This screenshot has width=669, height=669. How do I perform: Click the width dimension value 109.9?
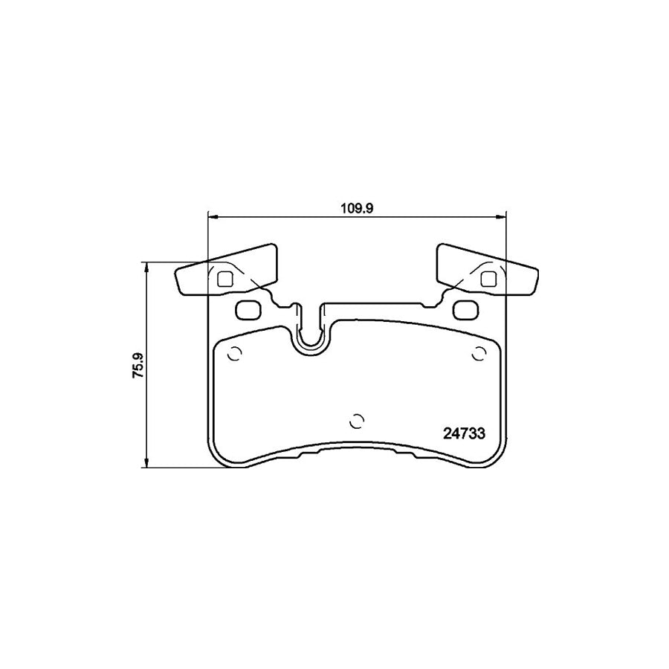[356, 209]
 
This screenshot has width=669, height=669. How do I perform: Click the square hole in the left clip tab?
[226, 279]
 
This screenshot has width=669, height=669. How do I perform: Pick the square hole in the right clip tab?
[488, 279]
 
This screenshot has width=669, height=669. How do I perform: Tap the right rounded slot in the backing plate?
[466, 308]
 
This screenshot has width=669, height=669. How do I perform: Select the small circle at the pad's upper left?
[233, 355]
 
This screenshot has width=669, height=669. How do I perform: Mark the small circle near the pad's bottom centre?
[357, 421]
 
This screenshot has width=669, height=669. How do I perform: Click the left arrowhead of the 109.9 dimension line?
[212, 217]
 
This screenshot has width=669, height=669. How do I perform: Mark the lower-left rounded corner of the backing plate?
[216, 459]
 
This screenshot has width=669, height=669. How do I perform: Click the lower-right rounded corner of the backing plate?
[498, 459]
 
